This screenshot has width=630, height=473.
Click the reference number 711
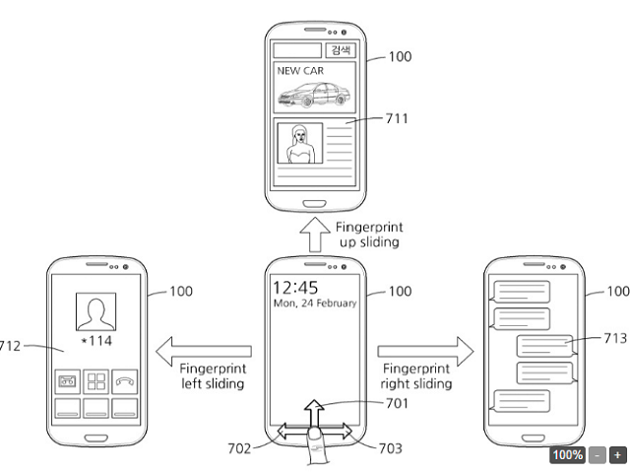click(x=395, y=119)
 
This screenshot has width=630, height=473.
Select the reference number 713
click(x=615, y=337)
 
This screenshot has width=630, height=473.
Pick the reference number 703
click(x=390, y=446)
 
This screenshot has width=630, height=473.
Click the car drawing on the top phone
click(x=312, y=95)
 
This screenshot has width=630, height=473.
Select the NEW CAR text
click(x=300, y=70)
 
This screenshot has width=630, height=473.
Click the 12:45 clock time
click(x=294, y=288)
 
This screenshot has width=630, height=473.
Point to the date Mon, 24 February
click(x=314, y=304)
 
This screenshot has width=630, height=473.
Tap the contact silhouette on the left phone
click(x=96, y=313)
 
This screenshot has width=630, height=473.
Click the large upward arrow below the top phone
click(x=316, y=236)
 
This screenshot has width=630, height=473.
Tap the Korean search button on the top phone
click(x=342, y=49)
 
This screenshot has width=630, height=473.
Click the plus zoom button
click(x=617, y=455)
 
